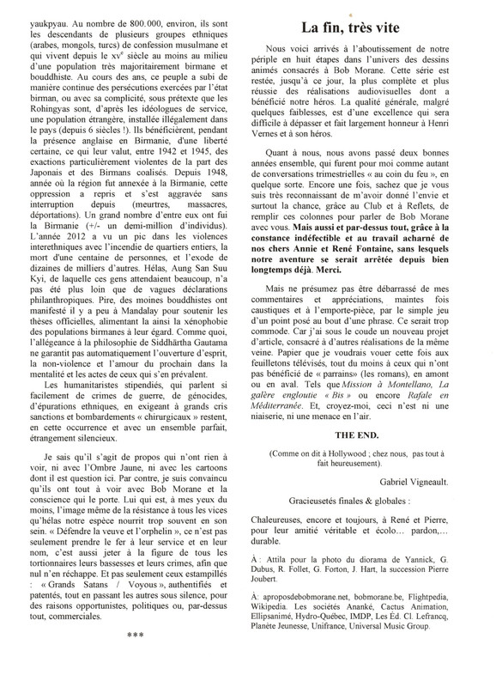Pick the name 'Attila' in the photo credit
pos(278,581)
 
